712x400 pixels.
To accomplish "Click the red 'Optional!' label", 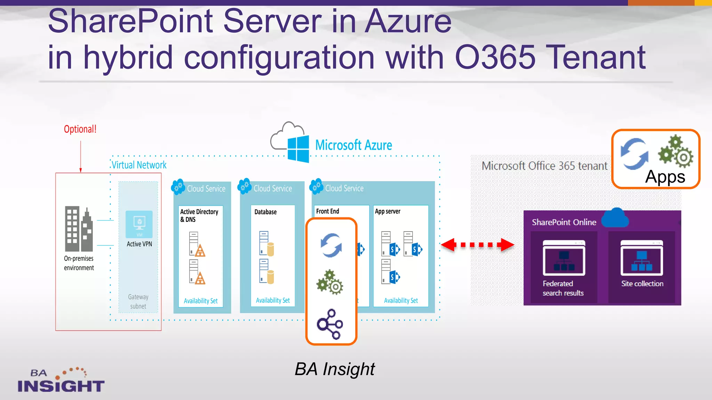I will click(x=80, y=129).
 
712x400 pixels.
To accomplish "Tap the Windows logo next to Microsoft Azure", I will click(x=298, y=149).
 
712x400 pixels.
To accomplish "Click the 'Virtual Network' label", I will click(x=139, y=165).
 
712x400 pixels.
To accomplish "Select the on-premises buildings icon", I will click(x=79, y=229).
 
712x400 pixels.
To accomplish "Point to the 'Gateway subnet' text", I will click(x=138, y=301).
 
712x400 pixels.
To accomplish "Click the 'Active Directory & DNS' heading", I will click(x=199, y=215).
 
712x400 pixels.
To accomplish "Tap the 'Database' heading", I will click(x=265, y=212).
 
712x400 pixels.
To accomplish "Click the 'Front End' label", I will click(x=327, y=211).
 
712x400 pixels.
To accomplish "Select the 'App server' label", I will click(x=387, y=211).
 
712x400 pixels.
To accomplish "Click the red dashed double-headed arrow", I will click(x=477, y=245).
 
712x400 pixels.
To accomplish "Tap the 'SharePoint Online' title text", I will click(x=564, y=222).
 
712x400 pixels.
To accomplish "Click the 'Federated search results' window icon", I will click(x=564, y=258).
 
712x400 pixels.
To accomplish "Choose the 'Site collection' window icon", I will click(x=641, y=258).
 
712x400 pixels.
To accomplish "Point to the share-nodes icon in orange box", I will click(x=330, y=324).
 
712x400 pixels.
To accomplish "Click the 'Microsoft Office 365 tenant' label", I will click(x=544, y=166).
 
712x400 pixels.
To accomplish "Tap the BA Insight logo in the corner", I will click(x=61, y=381).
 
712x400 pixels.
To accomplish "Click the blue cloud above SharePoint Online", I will click(x=615, y=218).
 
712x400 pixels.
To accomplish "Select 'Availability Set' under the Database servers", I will click(x=273, y=300).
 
